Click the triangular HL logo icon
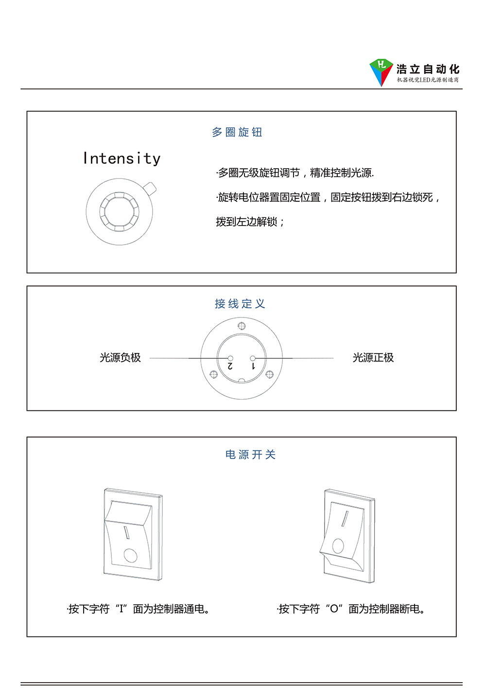(x=381, y=72)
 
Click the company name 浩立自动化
(x=428, y=69)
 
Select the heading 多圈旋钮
(x=237, y=132)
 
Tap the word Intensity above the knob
(x=122, y=159)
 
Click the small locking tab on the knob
(x=150, y=189)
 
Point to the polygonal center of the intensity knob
(x=119, y=212)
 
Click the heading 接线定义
(x=240, y=304)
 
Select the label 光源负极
(x=120, y=357)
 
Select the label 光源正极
(x=373, y=357)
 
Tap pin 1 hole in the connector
(x=253, y=358)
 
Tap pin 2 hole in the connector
(x=230, y=358)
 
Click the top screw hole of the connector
(x=242, y=326)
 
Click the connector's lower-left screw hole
(x=214, y=374)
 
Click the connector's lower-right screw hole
(x=269, y=374)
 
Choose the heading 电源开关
(x=250, y=455)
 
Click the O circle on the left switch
(x=130, y=555)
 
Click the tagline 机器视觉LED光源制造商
(x=428, y=80)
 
